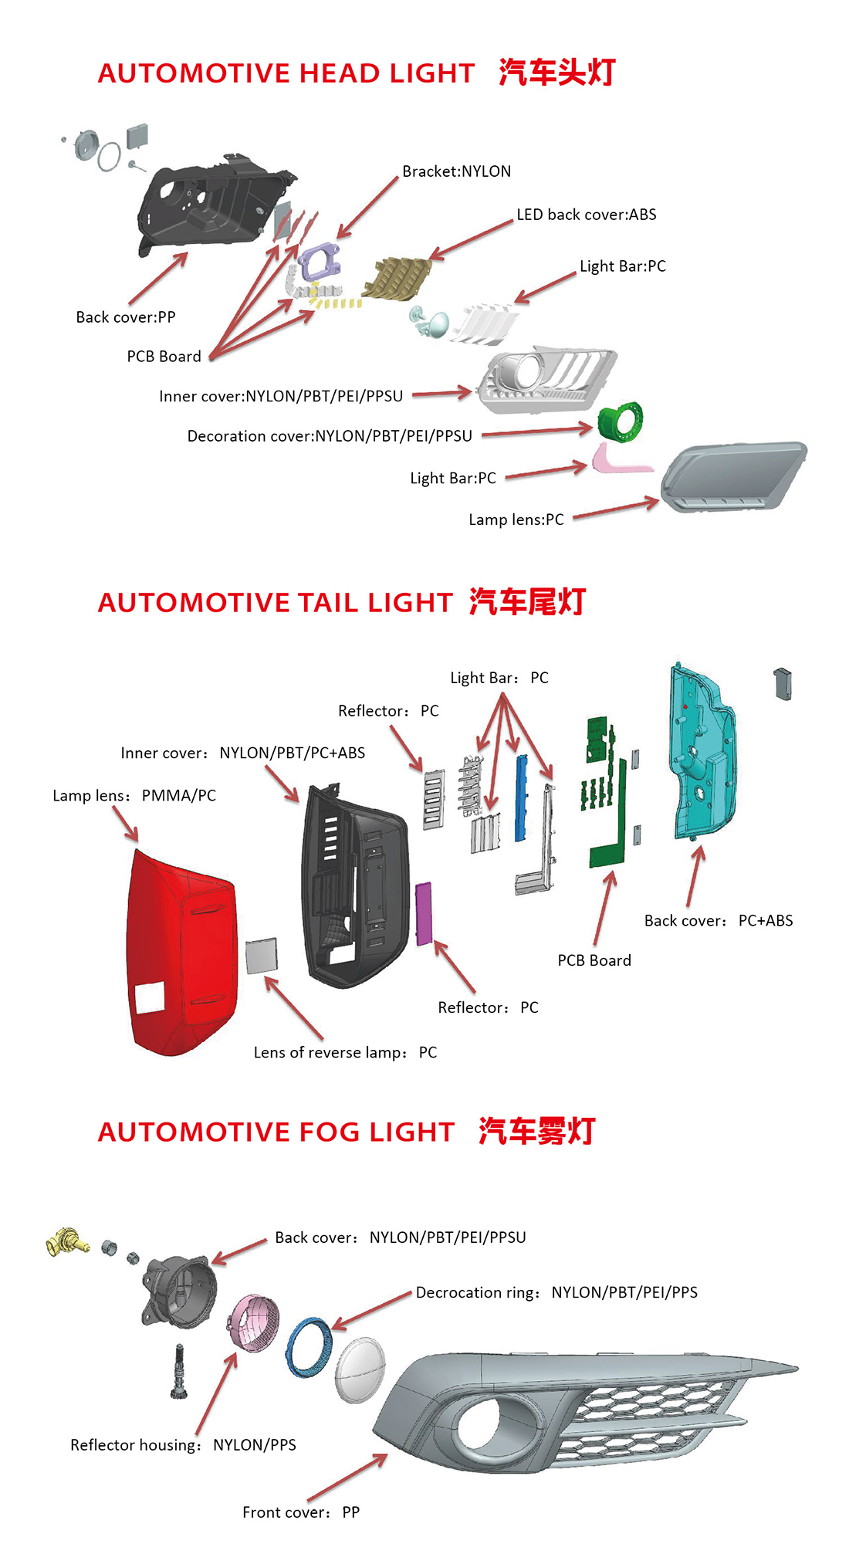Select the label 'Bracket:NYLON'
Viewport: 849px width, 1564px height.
[456, 171]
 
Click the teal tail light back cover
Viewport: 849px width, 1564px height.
[702, 757]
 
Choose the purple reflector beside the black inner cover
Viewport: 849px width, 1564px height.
[424, 914]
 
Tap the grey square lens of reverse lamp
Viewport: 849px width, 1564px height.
[261, 956]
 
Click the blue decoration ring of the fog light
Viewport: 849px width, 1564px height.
[308, 1347]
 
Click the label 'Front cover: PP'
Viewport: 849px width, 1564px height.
[301, 1512]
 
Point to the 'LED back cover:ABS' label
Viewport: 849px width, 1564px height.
[586, 215]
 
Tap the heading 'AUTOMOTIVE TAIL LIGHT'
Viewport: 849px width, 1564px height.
[275, 603]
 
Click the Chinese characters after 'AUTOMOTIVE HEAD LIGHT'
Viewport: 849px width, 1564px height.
[556, 73]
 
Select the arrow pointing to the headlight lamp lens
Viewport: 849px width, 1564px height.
[616, 510]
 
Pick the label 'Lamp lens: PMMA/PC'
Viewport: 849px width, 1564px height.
[134, 796]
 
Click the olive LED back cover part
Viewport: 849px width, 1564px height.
[399, 278]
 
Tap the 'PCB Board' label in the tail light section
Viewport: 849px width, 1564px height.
[594, 960]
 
